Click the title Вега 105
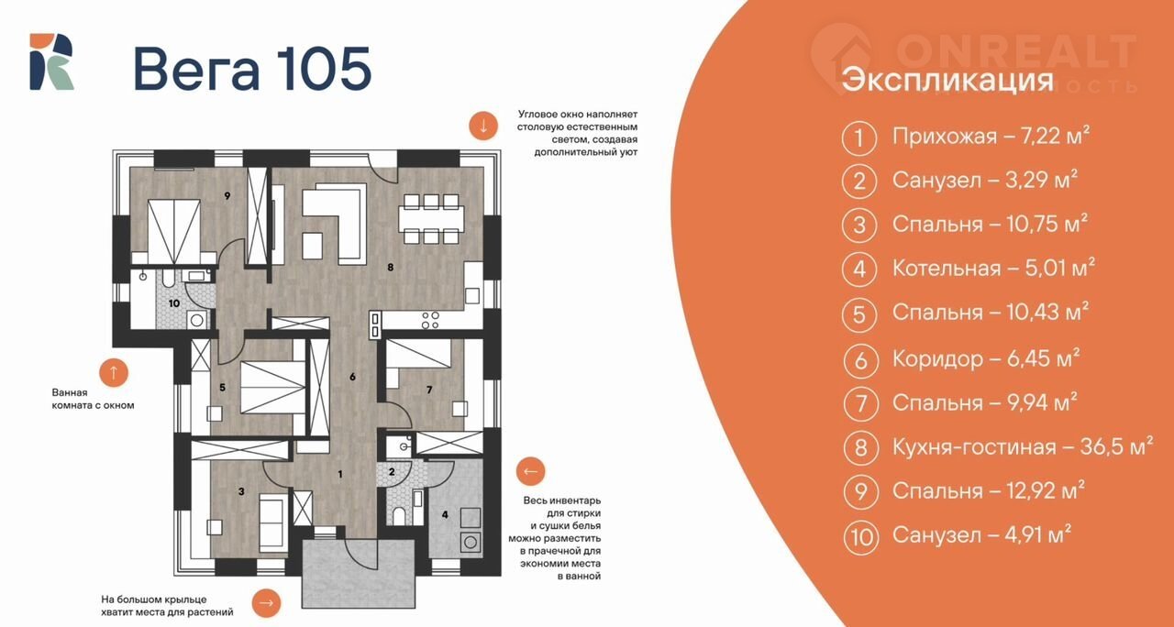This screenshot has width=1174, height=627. pyautogui.click(x=252, y=69)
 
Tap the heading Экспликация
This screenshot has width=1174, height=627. pyautogui.click(x=947, y=80)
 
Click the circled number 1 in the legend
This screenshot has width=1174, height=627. pyautogui.click(x=859, y=137)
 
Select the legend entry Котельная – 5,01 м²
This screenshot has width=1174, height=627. pyautogui.click(x=993, y=269)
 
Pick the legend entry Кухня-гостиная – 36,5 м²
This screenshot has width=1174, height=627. pyautogui.click(x=1023, y=446)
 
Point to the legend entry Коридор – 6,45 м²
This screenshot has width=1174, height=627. pyautogui.click(x=986, y=358)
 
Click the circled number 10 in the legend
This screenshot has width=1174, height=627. pyautogui.click(x=860, y=536)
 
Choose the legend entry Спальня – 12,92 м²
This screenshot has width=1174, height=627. pyautogui.click(x=989, y=490)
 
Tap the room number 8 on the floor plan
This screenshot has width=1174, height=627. pyautogui.click(x=391, y=267)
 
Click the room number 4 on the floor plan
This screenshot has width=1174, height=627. pyautogui.click(x=445, y=514)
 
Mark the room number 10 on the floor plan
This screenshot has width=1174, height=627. pyautogui.click(x=174, y=302)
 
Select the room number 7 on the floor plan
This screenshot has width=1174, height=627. pyautogui.click(x=429, y=390)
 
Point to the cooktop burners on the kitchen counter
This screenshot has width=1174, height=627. pyautogui.click(x=430, y=320)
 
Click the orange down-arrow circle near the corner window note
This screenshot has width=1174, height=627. pyautogui.click(x=482, y=126)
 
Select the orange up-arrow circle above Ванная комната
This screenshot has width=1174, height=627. pyautogui.click(x=114, y=372)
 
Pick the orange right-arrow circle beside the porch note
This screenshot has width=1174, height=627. pyautogui.click(x=266, y=603)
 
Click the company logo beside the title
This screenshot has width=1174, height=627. pyautogui.click(x=51, y=61)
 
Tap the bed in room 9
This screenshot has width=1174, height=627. pyautogui.click(x=173, y=231)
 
